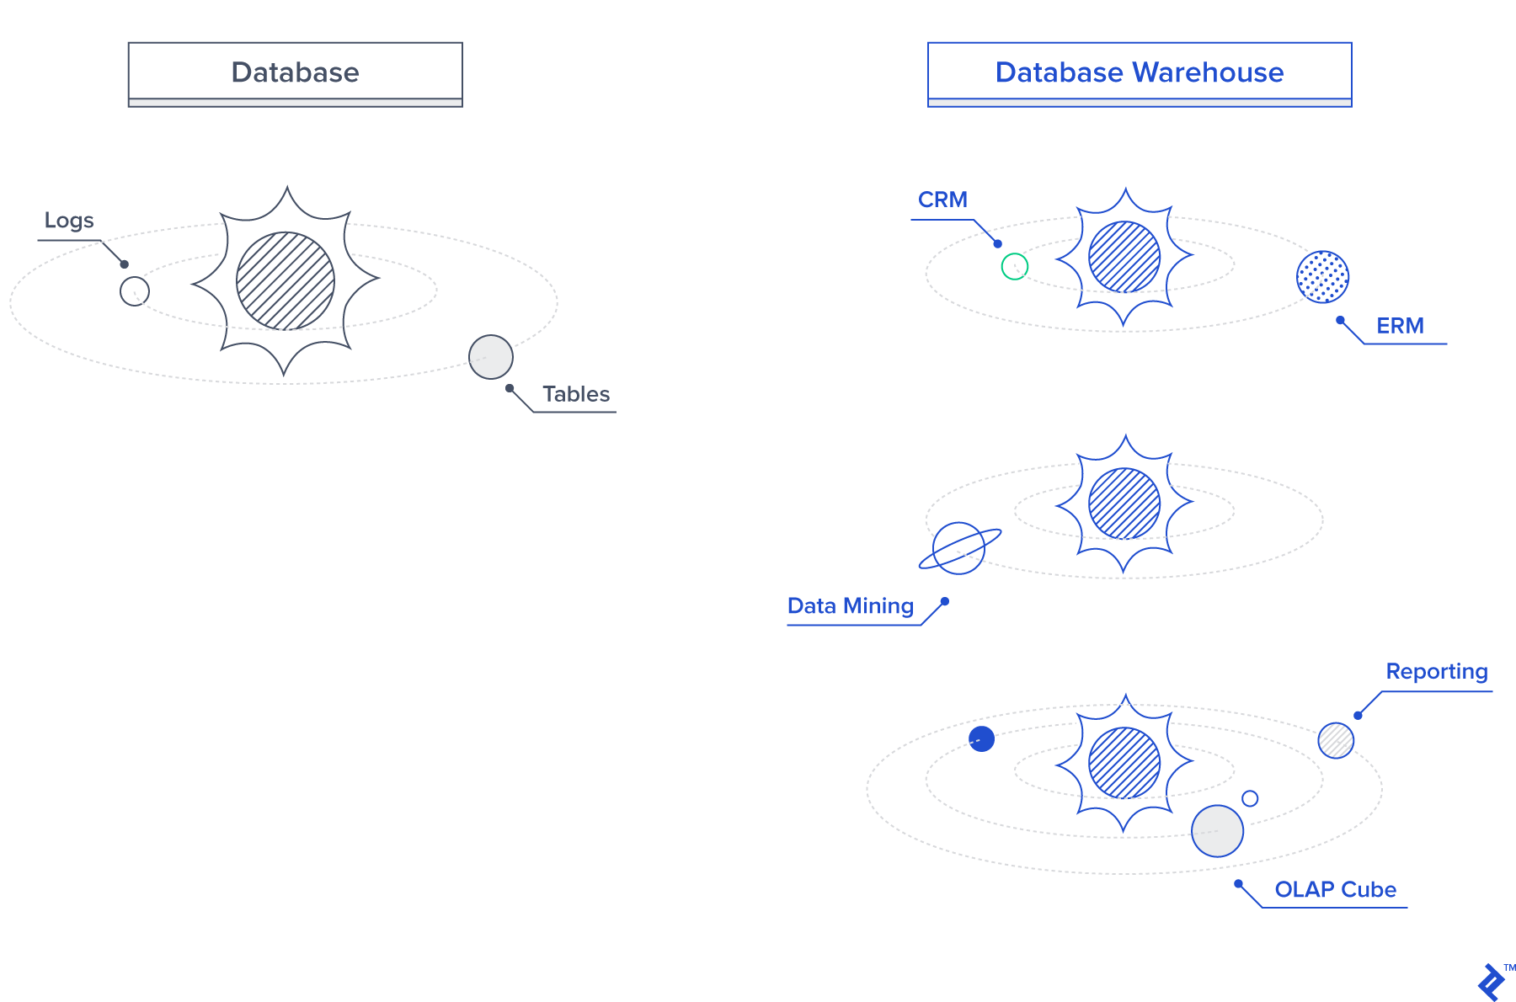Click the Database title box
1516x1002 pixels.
click(295, 72)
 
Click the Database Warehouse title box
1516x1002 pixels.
click(1139, 72)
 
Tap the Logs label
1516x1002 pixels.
click(69, 221)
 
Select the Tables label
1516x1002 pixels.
click(576, 394)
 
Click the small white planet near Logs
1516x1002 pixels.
click(135, 291)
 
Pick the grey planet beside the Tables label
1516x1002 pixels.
click(491, 357)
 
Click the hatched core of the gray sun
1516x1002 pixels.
click(286, 281)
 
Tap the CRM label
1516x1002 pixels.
click(942, 200)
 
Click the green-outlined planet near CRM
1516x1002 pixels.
click(1015, 267)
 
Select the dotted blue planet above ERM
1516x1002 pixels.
click(1322, 276)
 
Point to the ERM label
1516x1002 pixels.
click(1400, 326)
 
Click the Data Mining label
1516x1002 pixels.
click(851, 606)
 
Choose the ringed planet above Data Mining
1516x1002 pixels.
click(959, 548)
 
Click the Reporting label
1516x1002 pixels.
click(1437, 672)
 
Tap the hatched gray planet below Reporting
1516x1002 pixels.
click(1336, 740)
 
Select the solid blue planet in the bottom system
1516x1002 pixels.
click(982, 738)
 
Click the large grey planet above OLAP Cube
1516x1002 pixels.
click(1217, 831)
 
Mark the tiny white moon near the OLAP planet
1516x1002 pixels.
click(1250, 798)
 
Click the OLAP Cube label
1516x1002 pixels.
click(1335, 890)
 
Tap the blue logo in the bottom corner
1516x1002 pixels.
click(1492, 982)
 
